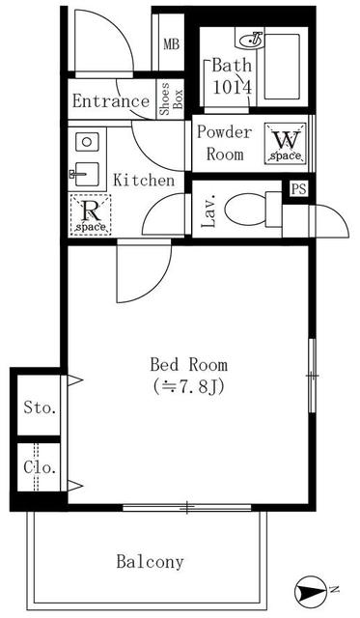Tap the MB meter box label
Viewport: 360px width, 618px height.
click(x=171, y=44)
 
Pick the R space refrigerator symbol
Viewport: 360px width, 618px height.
click(x=90, y=214)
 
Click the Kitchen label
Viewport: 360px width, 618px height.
click(x=144, y=181)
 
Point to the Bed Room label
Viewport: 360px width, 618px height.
click(x=188, y=365)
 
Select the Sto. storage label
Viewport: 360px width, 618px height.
click(x=40, y=407)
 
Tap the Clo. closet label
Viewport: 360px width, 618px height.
click(x=40, y=469)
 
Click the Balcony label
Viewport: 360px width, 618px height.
click(x=150, y=561)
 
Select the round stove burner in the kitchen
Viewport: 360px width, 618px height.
click(x=85, y=142)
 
